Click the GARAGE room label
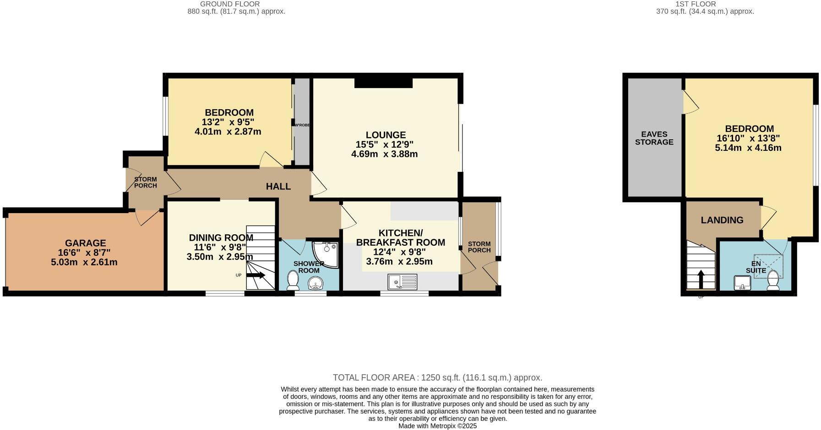85,243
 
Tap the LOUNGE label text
386,135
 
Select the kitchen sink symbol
402,281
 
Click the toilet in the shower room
293,280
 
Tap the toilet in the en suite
773,280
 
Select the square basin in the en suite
741,283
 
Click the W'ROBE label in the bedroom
302,125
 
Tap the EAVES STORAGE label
654,138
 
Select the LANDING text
722,220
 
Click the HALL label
278,186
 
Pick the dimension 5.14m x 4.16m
748,148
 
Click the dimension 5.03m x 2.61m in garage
84,262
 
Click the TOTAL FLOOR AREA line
437,378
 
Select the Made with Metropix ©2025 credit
437,426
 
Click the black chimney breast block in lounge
383,83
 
